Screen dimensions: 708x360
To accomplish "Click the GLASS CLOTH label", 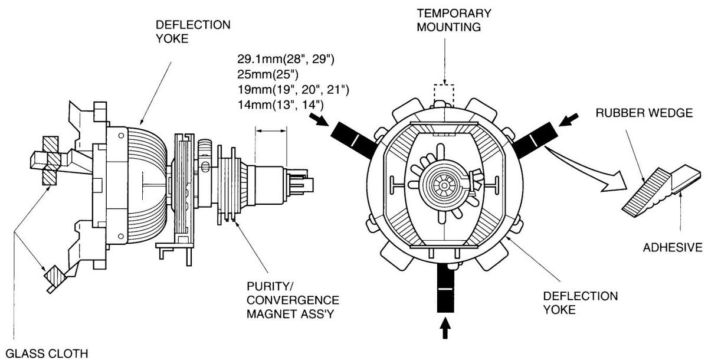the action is [x=47, y=354].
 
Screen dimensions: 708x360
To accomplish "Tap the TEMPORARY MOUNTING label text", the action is [x=454, y=20].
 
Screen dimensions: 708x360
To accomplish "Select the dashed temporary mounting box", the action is [x=444, y=96].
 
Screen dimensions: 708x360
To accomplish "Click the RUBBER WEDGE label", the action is [x=644, y=113].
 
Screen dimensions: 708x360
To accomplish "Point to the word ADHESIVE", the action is [x=673, y=247].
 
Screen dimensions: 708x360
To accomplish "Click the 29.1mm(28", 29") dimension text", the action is [x=286, y=59].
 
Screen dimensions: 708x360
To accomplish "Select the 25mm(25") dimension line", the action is [x=268, y=74].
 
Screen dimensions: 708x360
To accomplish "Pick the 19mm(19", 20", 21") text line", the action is [x=293, y=90].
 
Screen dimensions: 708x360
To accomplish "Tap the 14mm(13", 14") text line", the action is [x=280, y=104].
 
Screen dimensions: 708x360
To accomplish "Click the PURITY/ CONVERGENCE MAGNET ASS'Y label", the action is [x=293, y=300].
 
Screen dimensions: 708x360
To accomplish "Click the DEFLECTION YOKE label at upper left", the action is [x=193, y=32].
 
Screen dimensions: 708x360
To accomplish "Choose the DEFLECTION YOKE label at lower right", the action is [x=581, y=303].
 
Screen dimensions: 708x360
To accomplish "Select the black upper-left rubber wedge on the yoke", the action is [x=354, y=139].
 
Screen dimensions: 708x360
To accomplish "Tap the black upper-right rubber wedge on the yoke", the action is [x=534, y=139].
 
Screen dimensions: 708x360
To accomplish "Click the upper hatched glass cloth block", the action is [x=51, y=161].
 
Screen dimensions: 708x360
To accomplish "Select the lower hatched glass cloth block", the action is [x=55, y=275].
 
